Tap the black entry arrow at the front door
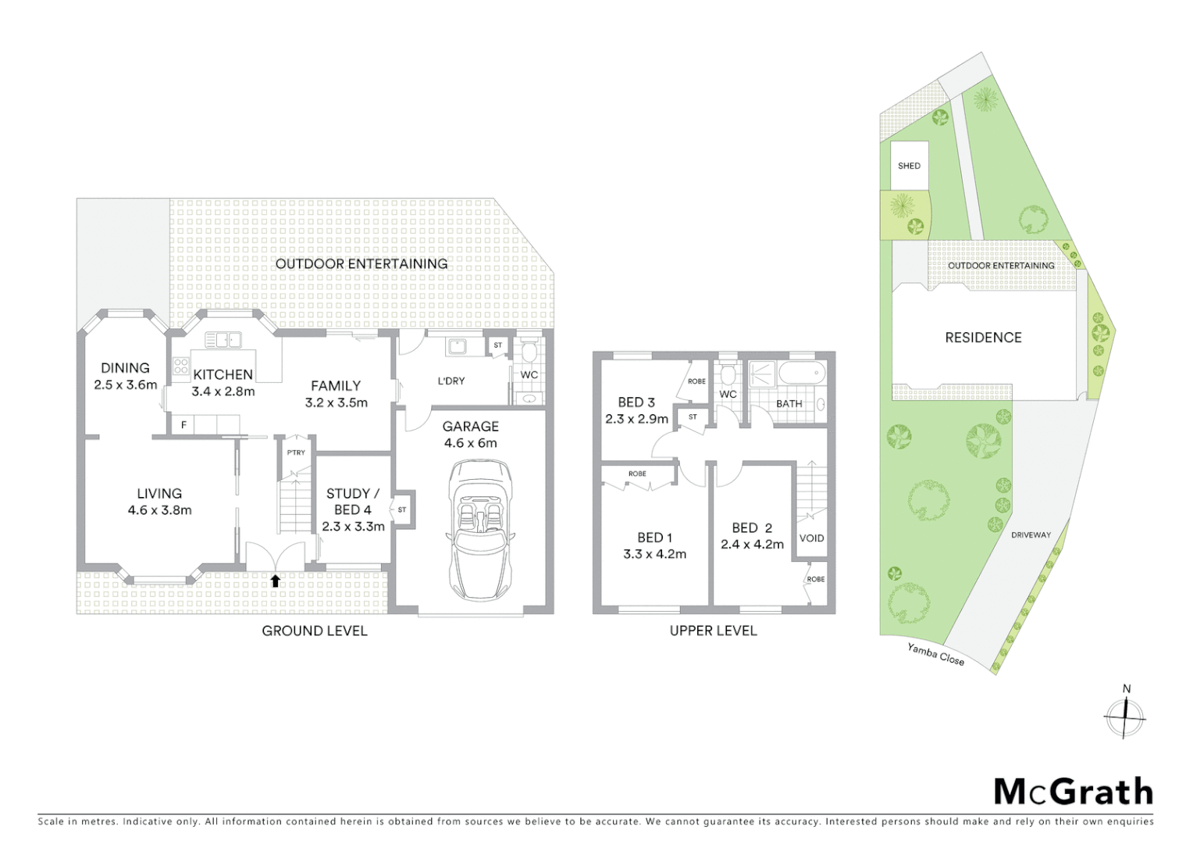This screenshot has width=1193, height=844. point(275,581)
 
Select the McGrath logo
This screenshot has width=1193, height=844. point(1073,792)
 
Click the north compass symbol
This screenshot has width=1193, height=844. point(1125,714)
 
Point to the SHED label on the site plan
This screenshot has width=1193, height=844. point(909,166)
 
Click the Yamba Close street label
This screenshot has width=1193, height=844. point(935,654)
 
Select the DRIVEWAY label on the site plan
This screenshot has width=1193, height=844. point(1031,535)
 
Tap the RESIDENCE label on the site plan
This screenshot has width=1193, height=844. point(983,338)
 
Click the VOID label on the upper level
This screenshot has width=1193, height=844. point(811,538)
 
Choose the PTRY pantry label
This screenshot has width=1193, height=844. point(296,452)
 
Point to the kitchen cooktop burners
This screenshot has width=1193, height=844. point(181,366)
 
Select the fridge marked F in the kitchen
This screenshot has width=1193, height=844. point(184,425)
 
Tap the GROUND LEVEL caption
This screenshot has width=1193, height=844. point(314,631)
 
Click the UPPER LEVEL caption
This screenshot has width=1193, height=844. point(713,631)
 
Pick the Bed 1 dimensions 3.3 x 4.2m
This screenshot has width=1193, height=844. point(654,554)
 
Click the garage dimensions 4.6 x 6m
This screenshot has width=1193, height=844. point(470,443)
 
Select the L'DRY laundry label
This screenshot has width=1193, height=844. point(450,381)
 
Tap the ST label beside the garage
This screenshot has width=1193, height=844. point(402,510)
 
